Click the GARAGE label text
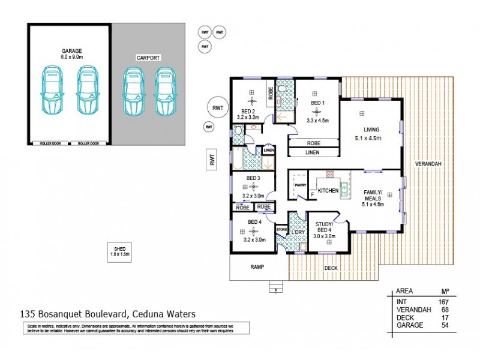click(x=71, y=51)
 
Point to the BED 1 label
click(x=317, y=103)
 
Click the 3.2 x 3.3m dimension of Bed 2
click(x=248, y=118)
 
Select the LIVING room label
click(x=371, y=130)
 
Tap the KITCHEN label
click(x=328, y=190)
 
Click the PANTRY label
click(x=300, y=185)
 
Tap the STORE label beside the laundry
click(x=281, y=229)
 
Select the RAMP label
click(x=257, y=266)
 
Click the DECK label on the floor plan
click(x=331, y=269)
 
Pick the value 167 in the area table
click(x=444, y=302)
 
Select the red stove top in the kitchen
click(x=329, y=174)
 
